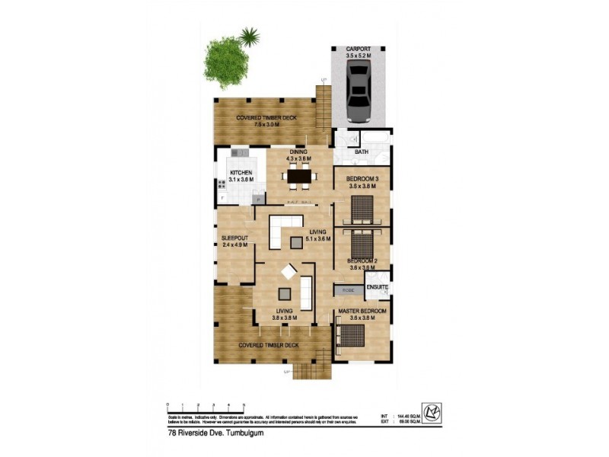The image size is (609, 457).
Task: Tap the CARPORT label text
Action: (x=360, y=49)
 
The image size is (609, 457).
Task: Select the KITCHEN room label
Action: (x=241, y=173)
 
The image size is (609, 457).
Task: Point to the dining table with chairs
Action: (x=298, y=177)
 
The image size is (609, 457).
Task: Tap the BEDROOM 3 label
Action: (x=362, y=179)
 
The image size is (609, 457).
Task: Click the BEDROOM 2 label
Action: (x=362, y=260)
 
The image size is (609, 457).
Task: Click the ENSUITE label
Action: (x=378, y=287)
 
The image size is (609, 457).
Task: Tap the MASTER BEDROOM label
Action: (x=362, y=312)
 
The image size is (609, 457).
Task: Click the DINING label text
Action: (x=298, y=152)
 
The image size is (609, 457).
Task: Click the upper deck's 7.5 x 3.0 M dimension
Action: (x=265, y=125)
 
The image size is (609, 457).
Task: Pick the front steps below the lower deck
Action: (x=309, y=372)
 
